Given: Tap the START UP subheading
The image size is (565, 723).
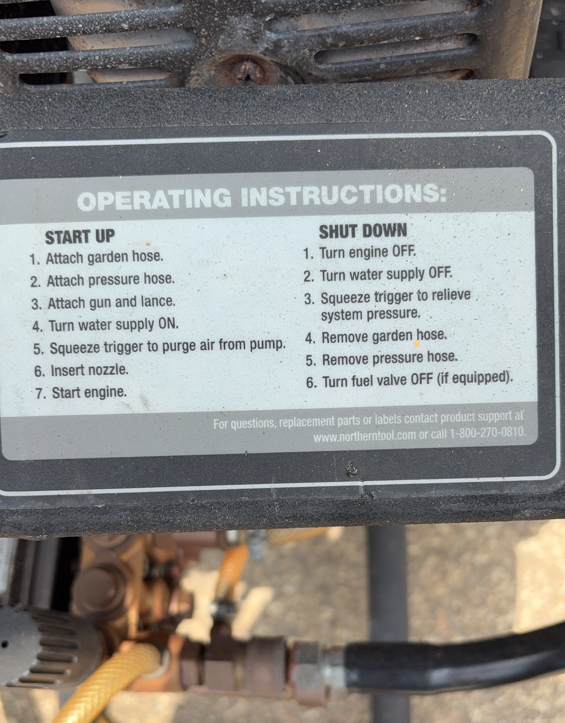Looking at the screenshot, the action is point(80,237).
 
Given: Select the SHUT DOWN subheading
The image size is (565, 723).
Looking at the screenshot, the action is point(363,231).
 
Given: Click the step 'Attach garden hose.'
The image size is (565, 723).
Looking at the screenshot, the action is point(96,257).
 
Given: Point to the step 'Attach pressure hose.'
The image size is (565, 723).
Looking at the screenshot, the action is point(102,280).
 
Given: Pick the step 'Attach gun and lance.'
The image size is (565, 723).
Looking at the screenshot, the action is point(103,302).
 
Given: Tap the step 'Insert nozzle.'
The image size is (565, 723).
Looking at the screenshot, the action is point(81,370).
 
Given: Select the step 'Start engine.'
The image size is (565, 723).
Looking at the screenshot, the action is point(81,393).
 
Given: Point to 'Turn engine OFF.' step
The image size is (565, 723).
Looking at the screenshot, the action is point(360,253).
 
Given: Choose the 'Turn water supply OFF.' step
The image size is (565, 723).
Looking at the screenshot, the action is point(378,275).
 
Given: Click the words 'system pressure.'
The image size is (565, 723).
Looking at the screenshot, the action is point(371,314).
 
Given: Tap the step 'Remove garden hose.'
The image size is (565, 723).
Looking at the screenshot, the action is point(376,337).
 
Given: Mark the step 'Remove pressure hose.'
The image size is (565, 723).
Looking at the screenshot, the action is point(382,359).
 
